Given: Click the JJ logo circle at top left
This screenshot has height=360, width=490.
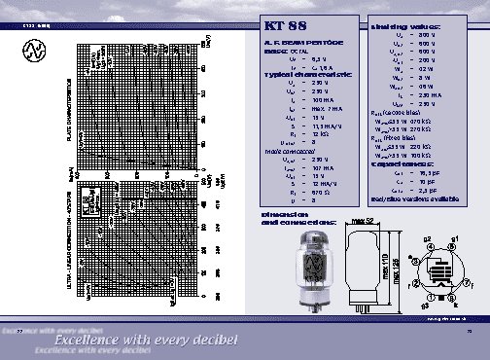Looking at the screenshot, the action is click(x=36, y=49).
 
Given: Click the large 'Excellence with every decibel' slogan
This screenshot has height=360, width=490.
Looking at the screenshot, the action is click(x=146, y=341).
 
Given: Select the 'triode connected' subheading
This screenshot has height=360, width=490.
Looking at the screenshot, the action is click(x=289, y=152).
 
